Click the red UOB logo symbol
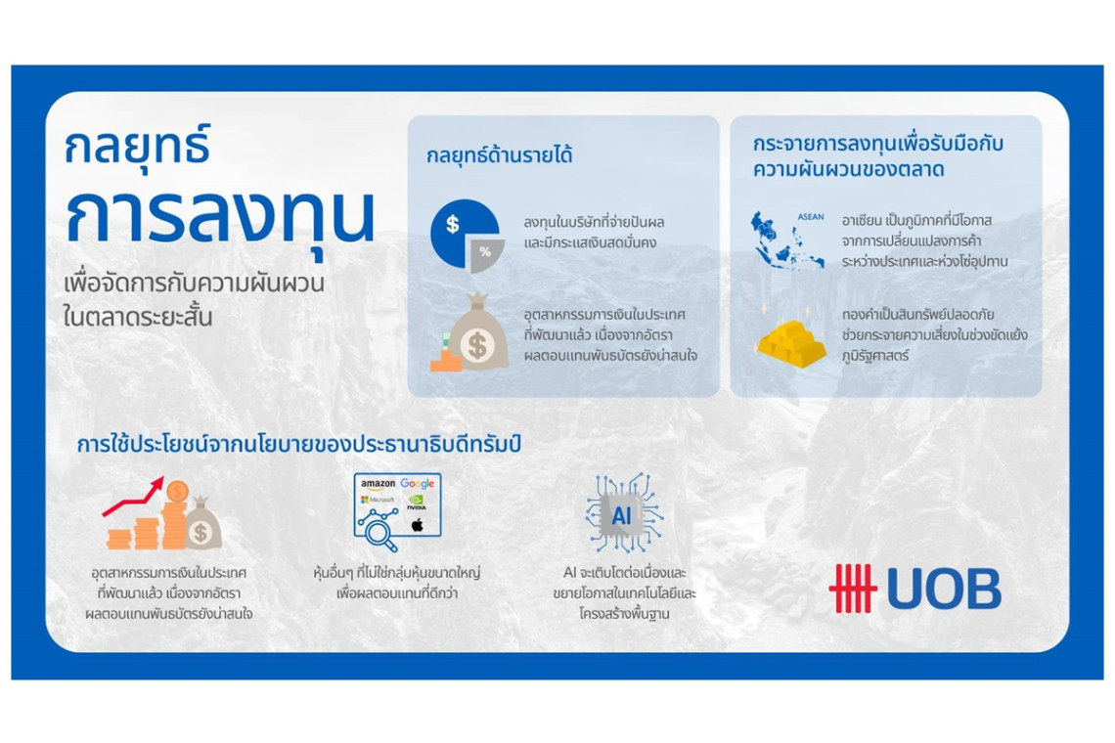[x=852, y=588]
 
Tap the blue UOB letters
[x=945, y=589]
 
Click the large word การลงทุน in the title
[x=220, y=215]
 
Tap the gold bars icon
[x=791, y=343]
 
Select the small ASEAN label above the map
[x=811, y=217]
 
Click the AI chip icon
[x=622, y=513]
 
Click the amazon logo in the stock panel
[x=378, y=484]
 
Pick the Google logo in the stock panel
[x=417, y=484]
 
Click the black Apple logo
[x=418, y=525]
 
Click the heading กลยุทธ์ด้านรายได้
[x=499, y=155]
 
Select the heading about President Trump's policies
[x=298, y=445]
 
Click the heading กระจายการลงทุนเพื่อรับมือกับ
[x=878, y=144]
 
